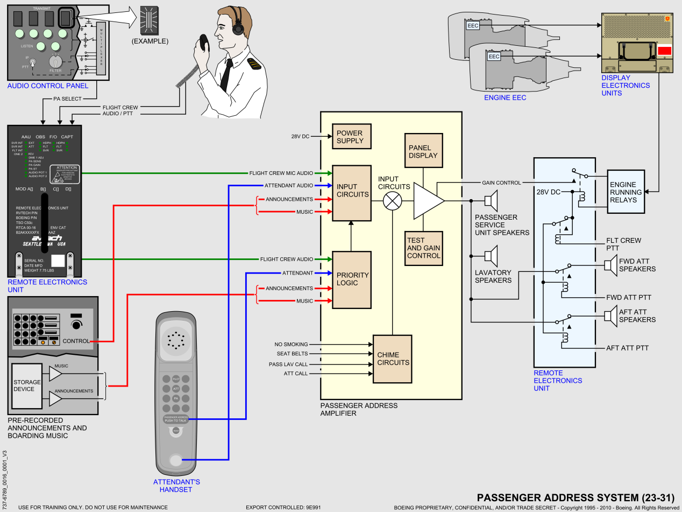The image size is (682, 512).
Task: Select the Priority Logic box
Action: [352, 279]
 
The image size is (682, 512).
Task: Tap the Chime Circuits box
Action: [392, 359]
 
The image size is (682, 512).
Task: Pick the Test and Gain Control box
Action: [423, 248]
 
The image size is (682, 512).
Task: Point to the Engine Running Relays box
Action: [626, 192]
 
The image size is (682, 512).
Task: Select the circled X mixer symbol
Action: [392, 201]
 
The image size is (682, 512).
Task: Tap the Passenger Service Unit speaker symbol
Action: [492, 201]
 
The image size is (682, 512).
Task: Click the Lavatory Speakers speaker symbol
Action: [492, 255]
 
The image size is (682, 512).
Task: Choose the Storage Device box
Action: [27, 385]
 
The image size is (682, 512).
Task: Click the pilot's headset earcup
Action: [238, 25]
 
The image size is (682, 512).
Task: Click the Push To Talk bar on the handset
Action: [176, 419]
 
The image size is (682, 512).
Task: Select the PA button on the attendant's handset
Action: [176, 398]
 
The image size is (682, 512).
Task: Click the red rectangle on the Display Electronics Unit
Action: [665, 51]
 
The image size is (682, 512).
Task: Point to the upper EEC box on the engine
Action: [473, 25]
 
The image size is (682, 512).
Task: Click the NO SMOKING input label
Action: [291, 345]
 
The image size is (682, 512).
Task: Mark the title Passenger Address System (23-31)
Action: [576, 497]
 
